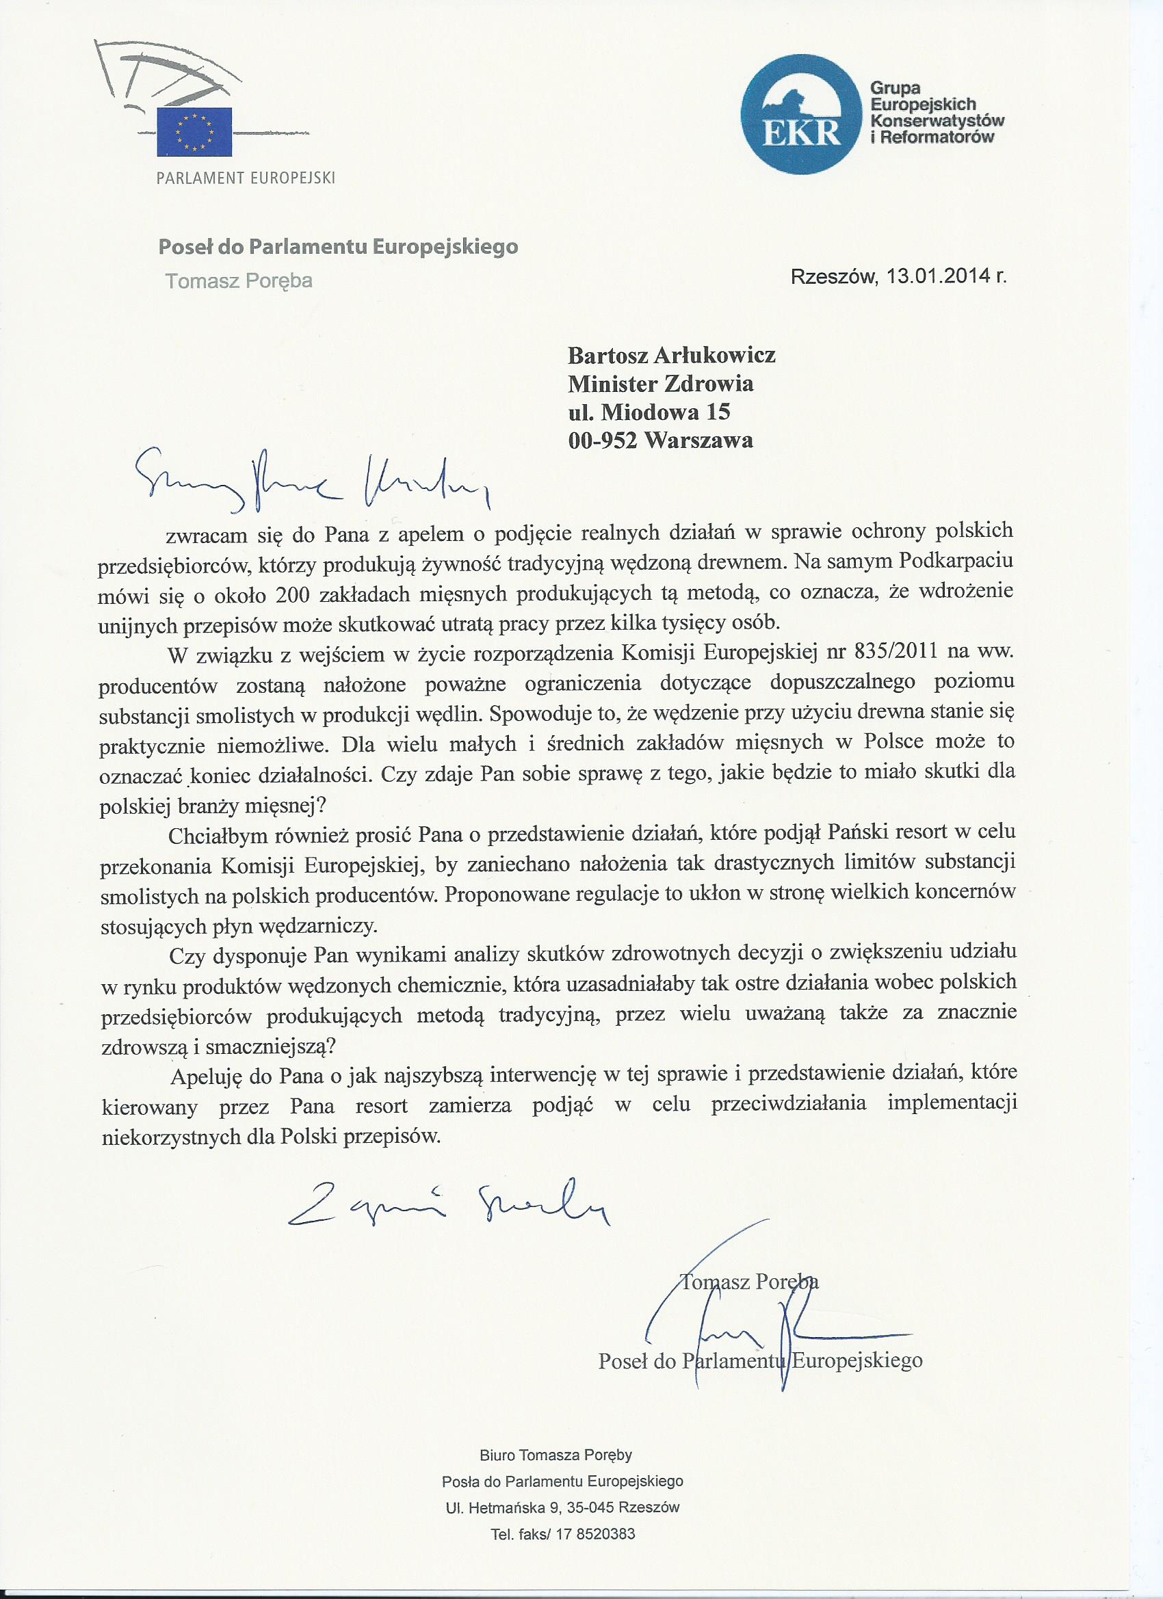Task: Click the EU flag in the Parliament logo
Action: click(194, 131)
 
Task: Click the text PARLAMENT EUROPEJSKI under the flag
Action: click(246, 178)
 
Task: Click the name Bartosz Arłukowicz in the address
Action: click(671, 355)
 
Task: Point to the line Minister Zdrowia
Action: click(661, 384)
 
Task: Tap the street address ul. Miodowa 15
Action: click(649, 412)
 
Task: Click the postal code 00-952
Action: click(603, 440)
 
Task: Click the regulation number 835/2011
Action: click(896, 652)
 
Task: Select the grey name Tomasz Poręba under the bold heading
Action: click(238, 281)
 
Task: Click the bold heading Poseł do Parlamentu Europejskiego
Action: click(338, 248)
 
